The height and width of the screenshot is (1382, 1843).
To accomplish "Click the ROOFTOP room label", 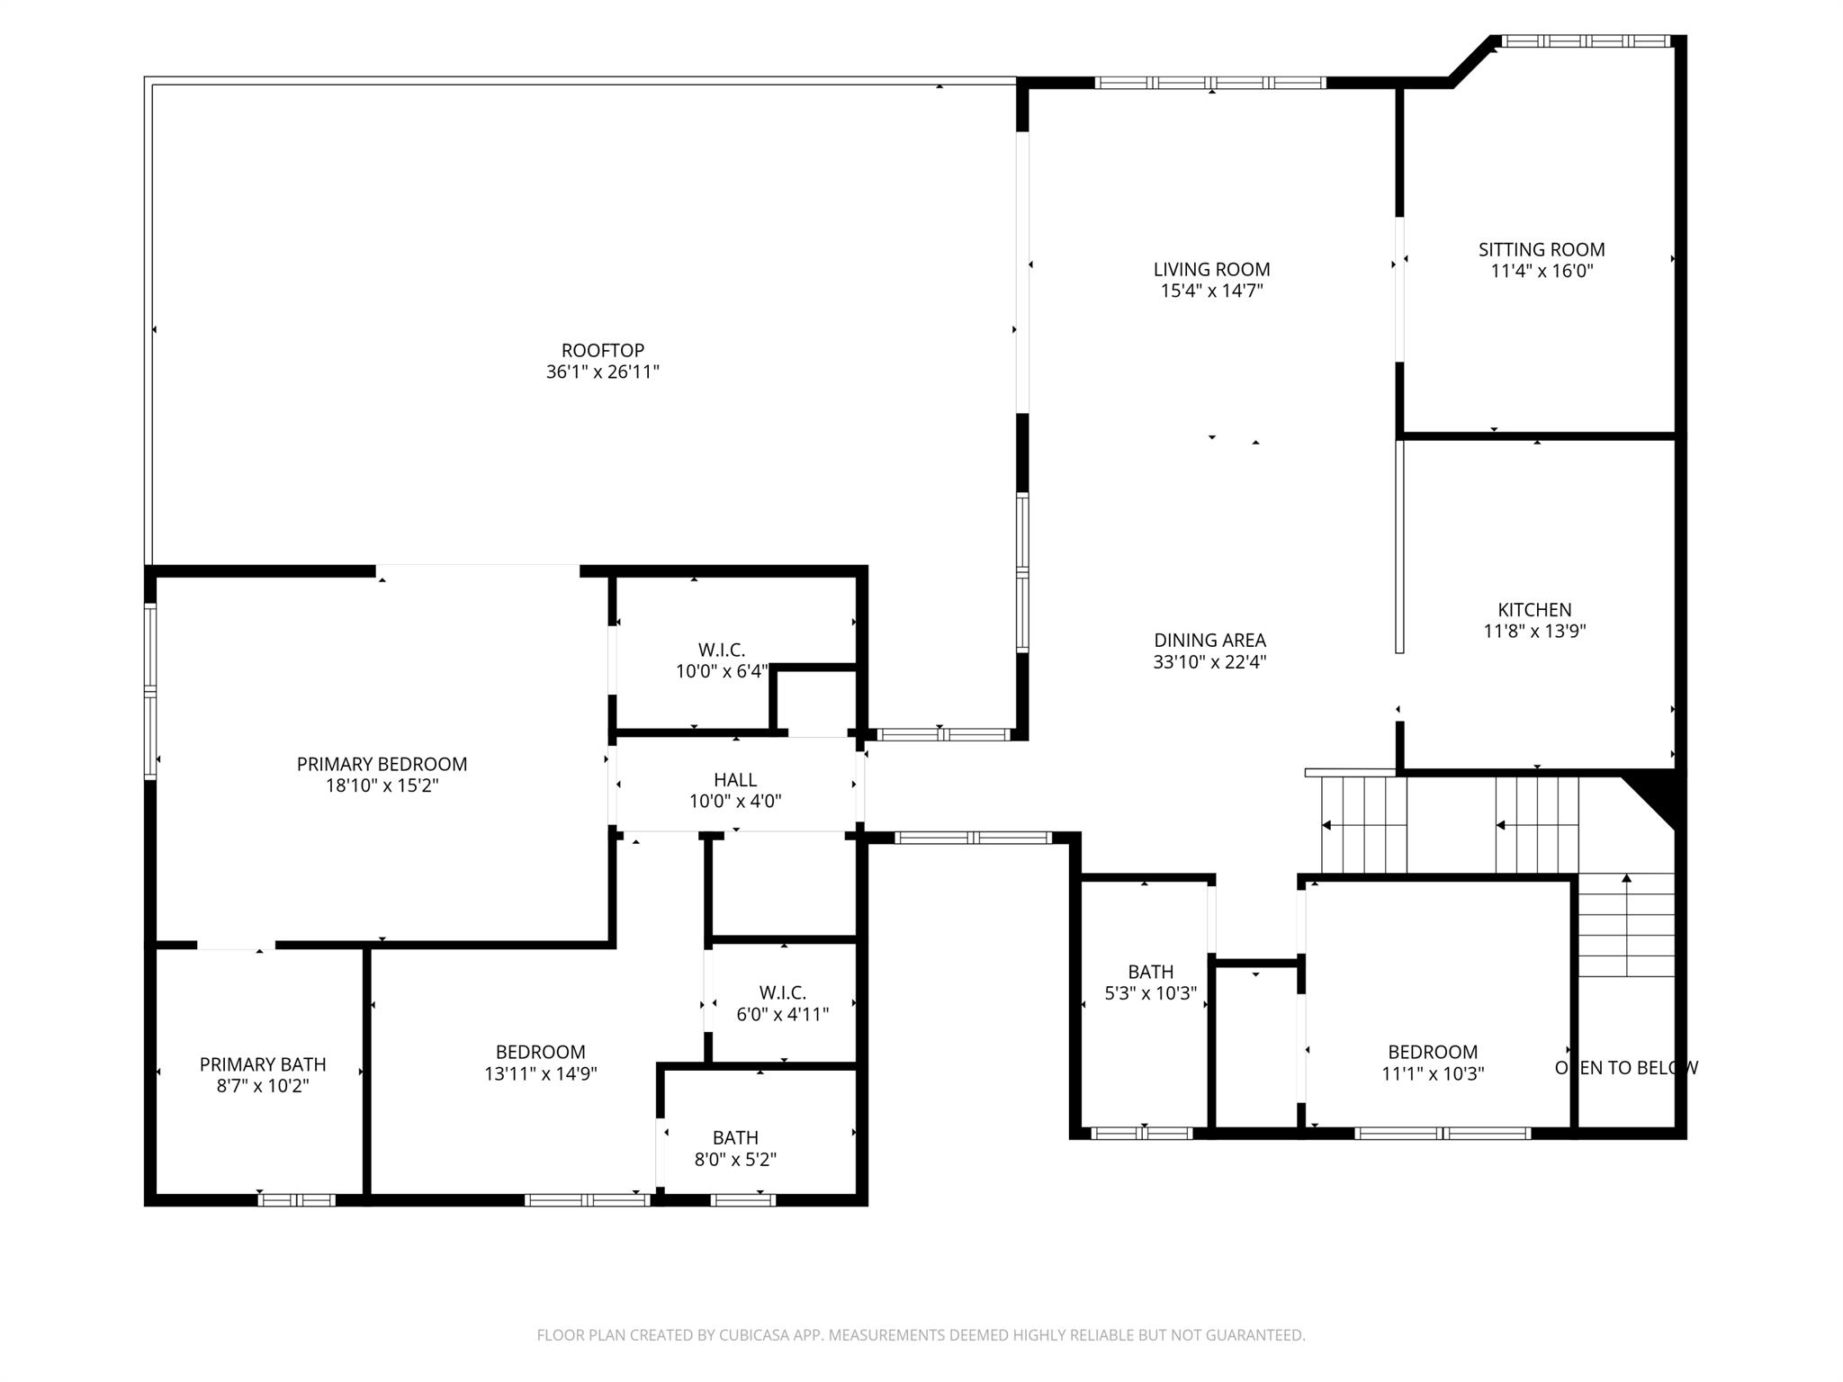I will [x=602, y=350].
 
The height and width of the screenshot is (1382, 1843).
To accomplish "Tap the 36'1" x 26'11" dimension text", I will [x=602, y=372].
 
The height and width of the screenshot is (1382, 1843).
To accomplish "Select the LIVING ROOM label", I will [x=1211, y=269].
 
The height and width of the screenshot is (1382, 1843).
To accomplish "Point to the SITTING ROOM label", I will [x=1541, y=249].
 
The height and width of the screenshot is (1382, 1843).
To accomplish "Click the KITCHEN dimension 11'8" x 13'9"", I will [x=1533, y=632].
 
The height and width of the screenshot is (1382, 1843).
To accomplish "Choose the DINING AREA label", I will [x=1209, y=640].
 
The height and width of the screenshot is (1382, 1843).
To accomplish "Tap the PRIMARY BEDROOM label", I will [x=382, y=764].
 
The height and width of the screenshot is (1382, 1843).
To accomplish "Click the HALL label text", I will [x=734, y=780].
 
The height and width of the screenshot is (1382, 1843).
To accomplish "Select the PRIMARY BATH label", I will [x=263, y=1064].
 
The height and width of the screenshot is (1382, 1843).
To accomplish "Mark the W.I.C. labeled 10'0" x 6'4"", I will [x=721, y=650].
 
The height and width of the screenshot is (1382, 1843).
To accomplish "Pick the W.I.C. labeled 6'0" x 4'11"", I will [x=782, y=992].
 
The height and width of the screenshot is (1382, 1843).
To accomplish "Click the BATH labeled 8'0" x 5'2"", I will [x=735, y=1137].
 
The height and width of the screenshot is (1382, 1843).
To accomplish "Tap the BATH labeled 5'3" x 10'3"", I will [x=1150, y=972].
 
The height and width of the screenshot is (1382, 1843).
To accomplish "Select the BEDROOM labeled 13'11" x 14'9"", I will [x=540, y=1052].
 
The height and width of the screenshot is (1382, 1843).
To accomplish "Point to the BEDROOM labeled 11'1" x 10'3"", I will [x=1432, y=1052].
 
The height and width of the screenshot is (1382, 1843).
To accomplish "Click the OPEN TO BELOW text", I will [x=1625, y=1068].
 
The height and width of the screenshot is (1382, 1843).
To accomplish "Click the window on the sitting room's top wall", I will [x=1586, y=41].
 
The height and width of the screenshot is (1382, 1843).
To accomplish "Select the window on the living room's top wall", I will [x=1209, y=83].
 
